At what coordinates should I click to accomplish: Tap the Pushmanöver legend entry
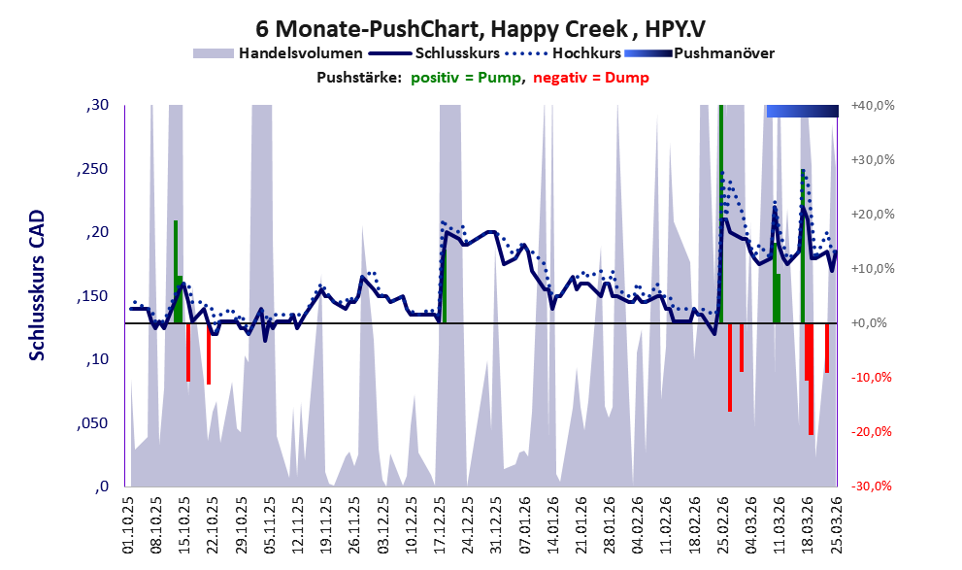pos(722,52)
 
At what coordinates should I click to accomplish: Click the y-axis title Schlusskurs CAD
pos(37,287)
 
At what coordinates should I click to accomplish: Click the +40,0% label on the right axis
pos(871,106)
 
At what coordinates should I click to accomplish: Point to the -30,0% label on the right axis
pos(871,486)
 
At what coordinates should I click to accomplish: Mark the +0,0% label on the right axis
pos(873,323)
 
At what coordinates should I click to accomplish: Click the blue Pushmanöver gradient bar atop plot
pos(802,111)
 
